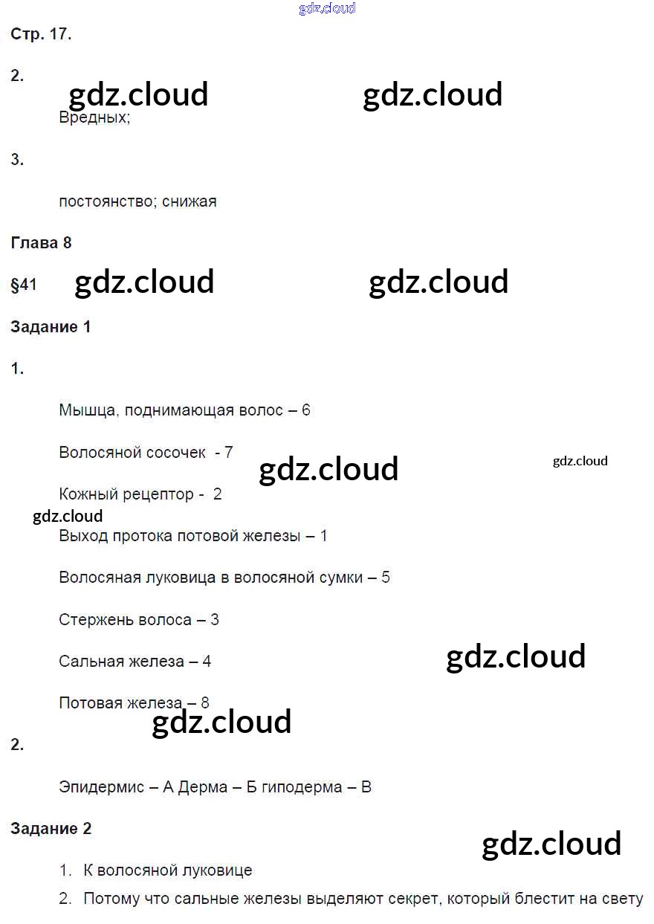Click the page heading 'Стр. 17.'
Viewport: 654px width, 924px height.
point(41,34)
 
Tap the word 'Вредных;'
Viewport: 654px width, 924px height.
point(94,117)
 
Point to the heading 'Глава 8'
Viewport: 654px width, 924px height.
point(41,242)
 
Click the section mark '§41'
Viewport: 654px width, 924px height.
point(24,285)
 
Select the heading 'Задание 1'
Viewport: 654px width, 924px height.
point(51,326)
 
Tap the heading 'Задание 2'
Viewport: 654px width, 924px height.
point(51,829)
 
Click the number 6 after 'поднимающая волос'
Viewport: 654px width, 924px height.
point(306,410)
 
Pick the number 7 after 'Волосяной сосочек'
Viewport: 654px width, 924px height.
point(229,452)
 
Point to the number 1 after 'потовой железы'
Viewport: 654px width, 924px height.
point(323,536)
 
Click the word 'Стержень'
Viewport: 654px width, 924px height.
point(96,619)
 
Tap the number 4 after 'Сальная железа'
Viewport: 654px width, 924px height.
point(207,662)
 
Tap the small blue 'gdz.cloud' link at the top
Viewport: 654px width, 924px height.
point(327,8)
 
